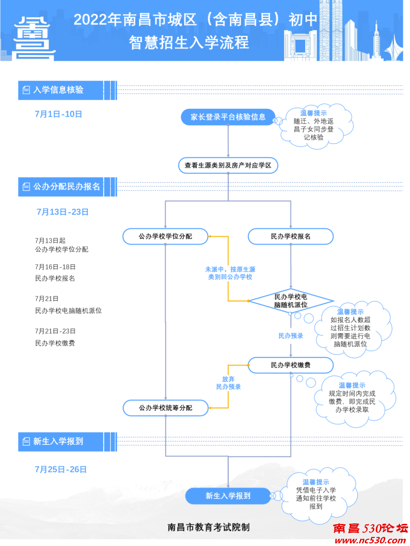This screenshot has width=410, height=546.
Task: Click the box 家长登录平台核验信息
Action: coord(228,117)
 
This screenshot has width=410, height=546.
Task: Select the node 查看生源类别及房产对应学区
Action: coord(228,165)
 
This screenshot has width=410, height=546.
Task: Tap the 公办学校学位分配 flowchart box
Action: coord(165,236)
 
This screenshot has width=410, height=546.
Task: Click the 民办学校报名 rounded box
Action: coord(290,236)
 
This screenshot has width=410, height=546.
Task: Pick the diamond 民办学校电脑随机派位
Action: coord(291,301)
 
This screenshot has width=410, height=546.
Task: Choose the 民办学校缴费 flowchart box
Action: coord(290,365)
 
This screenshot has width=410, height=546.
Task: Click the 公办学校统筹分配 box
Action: coord(166,408)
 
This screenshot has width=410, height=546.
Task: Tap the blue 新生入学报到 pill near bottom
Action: coord(228,496)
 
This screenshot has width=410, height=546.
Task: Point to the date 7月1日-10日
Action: coord(58,114)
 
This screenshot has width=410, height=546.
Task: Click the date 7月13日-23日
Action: coord(63,212)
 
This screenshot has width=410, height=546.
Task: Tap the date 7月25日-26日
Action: coord(61,470)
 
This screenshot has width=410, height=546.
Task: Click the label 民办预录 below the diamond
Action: coord(291,336)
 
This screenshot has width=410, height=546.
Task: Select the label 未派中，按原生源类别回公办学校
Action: coord(230,273)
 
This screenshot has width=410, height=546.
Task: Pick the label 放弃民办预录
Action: coord(228,383)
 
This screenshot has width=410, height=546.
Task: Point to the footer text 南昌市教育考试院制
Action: coord(208,527)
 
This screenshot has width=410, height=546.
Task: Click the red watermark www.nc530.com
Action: coord(370,540)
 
